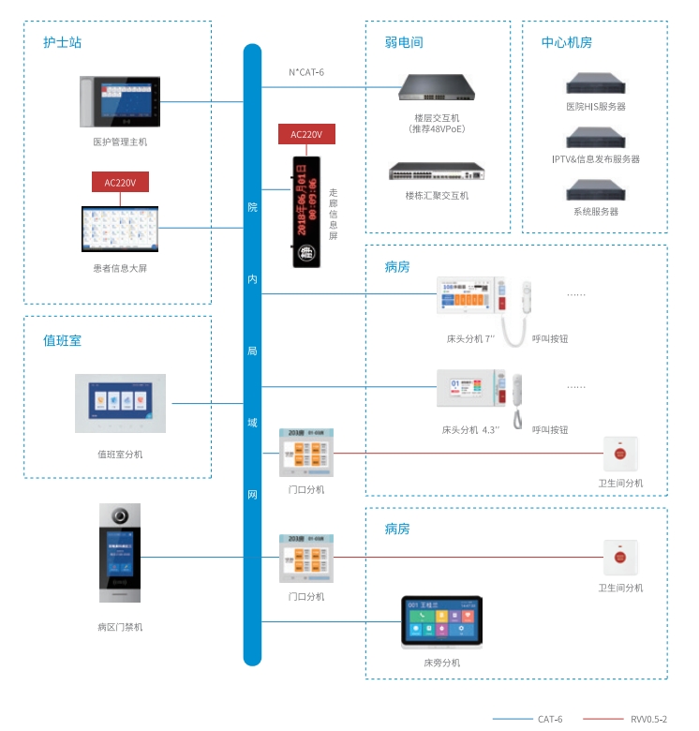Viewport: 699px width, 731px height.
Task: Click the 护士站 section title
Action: click(63, 42)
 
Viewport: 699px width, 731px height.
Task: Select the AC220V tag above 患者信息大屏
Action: click(120, 183)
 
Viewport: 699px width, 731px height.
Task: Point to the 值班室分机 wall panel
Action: click(120, 403)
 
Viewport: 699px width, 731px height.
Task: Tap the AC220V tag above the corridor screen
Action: click(306, 135)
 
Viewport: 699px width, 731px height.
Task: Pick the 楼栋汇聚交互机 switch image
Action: click(439, 171)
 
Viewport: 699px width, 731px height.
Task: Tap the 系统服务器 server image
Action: click(595, 190)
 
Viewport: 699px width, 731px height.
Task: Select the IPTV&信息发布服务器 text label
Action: click(596, 159)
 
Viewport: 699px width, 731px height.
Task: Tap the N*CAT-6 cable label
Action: click(306, 72)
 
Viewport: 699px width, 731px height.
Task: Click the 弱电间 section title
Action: click(404, 42)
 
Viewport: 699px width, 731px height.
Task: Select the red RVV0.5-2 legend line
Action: click(602, 719)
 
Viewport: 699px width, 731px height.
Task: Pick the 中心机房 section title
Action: click(566, 42)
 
